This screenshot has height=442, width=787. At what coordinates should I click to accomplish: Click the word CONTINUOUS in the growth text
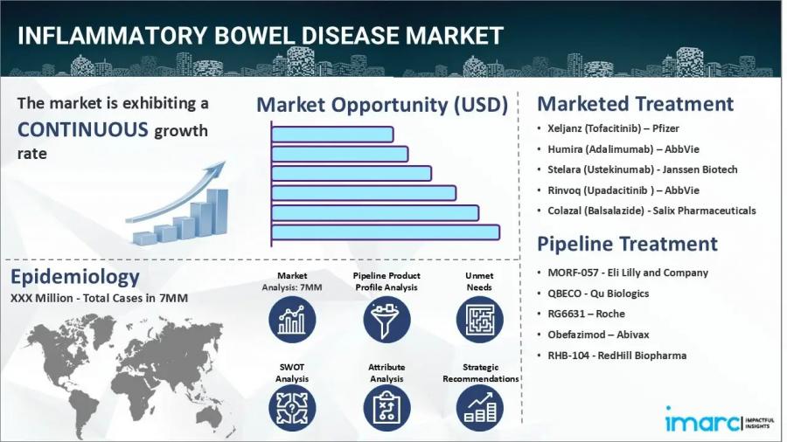click(x=82, y=130)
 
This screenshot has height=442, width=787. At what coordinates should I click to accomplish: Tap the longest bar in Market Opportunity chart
click(x=385, y=232)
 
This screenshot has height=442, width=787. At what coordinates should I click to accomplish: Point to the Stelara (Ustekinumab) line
click(x=642, y=169)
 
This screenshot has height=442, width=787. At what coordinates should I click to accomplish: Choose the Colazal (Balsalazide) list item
click(x=651, y=211)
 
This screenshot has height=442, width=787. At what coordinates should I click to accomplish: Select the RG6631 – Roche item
click(x=586, y=314)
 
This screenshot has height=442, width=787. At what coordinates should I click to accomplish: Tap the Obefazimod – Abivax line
click(x=598, y=335)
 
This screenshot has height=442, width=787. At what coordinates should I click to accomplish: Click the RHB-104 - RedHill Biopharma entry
click(x=616, y=356)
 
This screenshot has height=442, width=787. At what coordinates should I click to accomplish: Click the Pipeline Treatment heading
click(x=627, y=244)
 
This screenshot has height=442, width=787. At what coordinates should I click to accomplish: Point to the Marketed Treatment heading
click(x=635, y=104)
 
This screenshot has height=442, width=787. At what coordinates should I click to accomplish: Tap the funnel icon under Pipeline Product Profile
click(x=387, y=319)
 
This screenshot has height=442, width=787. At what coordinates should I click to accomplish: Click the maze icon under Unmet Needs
click(x=479, y=319)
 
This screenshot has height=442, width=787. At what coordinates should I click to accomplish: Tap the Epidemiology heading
click(x=75, y=278)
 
